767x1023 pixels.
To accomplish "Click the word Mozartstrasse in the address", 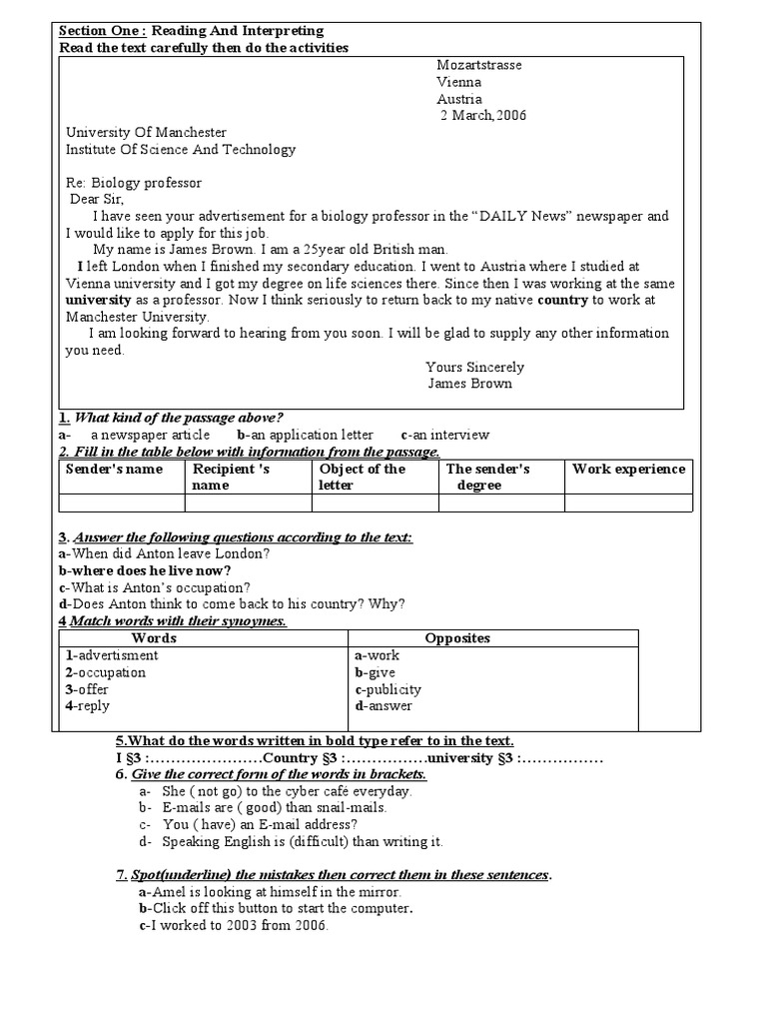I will (478, 65).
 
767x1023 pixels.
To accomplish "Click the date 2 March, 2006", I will (483, 116).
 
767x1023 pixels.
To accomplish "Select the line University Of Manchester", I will (146, 133).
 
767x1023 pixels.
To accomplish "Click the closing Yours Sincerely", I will (474, 367).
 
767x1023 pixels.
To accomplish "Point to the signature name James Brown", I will (469, 384).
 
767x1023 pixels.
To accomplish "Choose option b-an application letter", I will (305, 435).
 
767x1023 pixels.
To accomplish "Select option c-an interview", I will (444, 435).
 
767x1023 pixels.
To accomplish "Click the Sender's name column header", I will (114, 469).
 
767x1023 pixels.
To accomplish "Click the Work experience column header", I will (628, 469).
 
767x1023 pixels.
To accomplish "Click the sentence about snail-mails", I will (263, 807).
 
